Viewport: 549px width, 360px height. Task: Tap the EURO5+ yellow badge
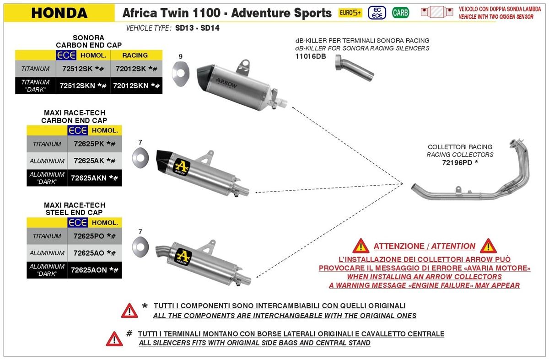350,13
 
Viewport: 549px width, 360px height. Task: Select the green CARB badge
400,13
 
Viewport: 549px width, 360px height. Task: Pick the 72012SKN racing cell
136,86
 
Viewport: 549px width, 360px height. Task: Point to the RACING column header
135,55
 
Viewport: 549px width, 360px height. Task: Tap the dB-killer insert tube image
354,67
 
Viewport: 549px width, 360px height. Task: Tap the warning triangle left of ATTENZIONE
361,246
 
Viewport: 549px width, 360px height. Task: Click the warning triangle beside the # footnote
114,339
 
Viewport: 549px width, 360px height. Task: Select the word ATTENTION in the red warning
454,246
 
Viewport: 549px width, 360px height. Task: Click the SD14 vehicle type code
210,28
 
